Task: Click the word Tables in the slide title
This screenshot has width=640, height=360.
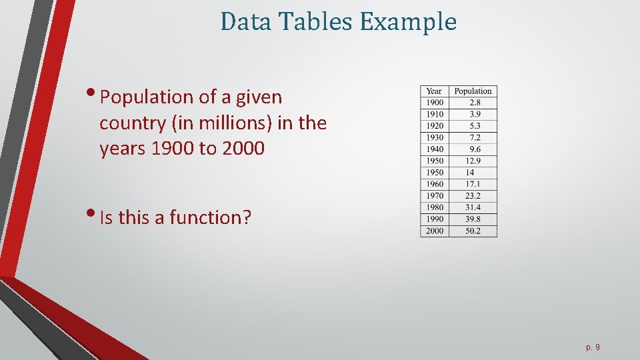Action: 317,22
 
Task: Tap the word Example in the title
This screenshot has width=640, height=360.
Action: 408,23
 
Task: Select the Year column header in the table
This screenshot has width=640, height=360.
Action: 434,91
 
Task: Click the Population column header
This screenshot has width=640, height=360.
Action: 473,91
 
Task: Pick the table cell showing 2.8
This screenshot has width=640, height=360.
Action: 474,103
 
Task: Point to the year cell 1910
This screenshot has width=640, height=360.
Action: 434,115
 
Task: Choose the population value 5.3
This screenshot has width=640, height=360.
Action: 474,126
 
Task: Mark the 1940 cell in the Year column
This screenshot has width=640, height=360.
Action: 434,149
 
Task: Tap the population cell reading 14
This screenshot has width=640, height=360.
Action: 470,173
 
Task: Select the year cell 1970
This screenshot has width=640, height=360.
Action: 434,196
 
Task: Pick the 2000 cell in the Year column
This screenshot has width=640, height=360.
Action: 434,231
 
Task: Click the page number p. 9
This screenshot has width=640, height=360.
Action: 593,347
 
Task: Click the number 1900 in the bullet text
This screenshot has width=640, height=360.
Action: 173,149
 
